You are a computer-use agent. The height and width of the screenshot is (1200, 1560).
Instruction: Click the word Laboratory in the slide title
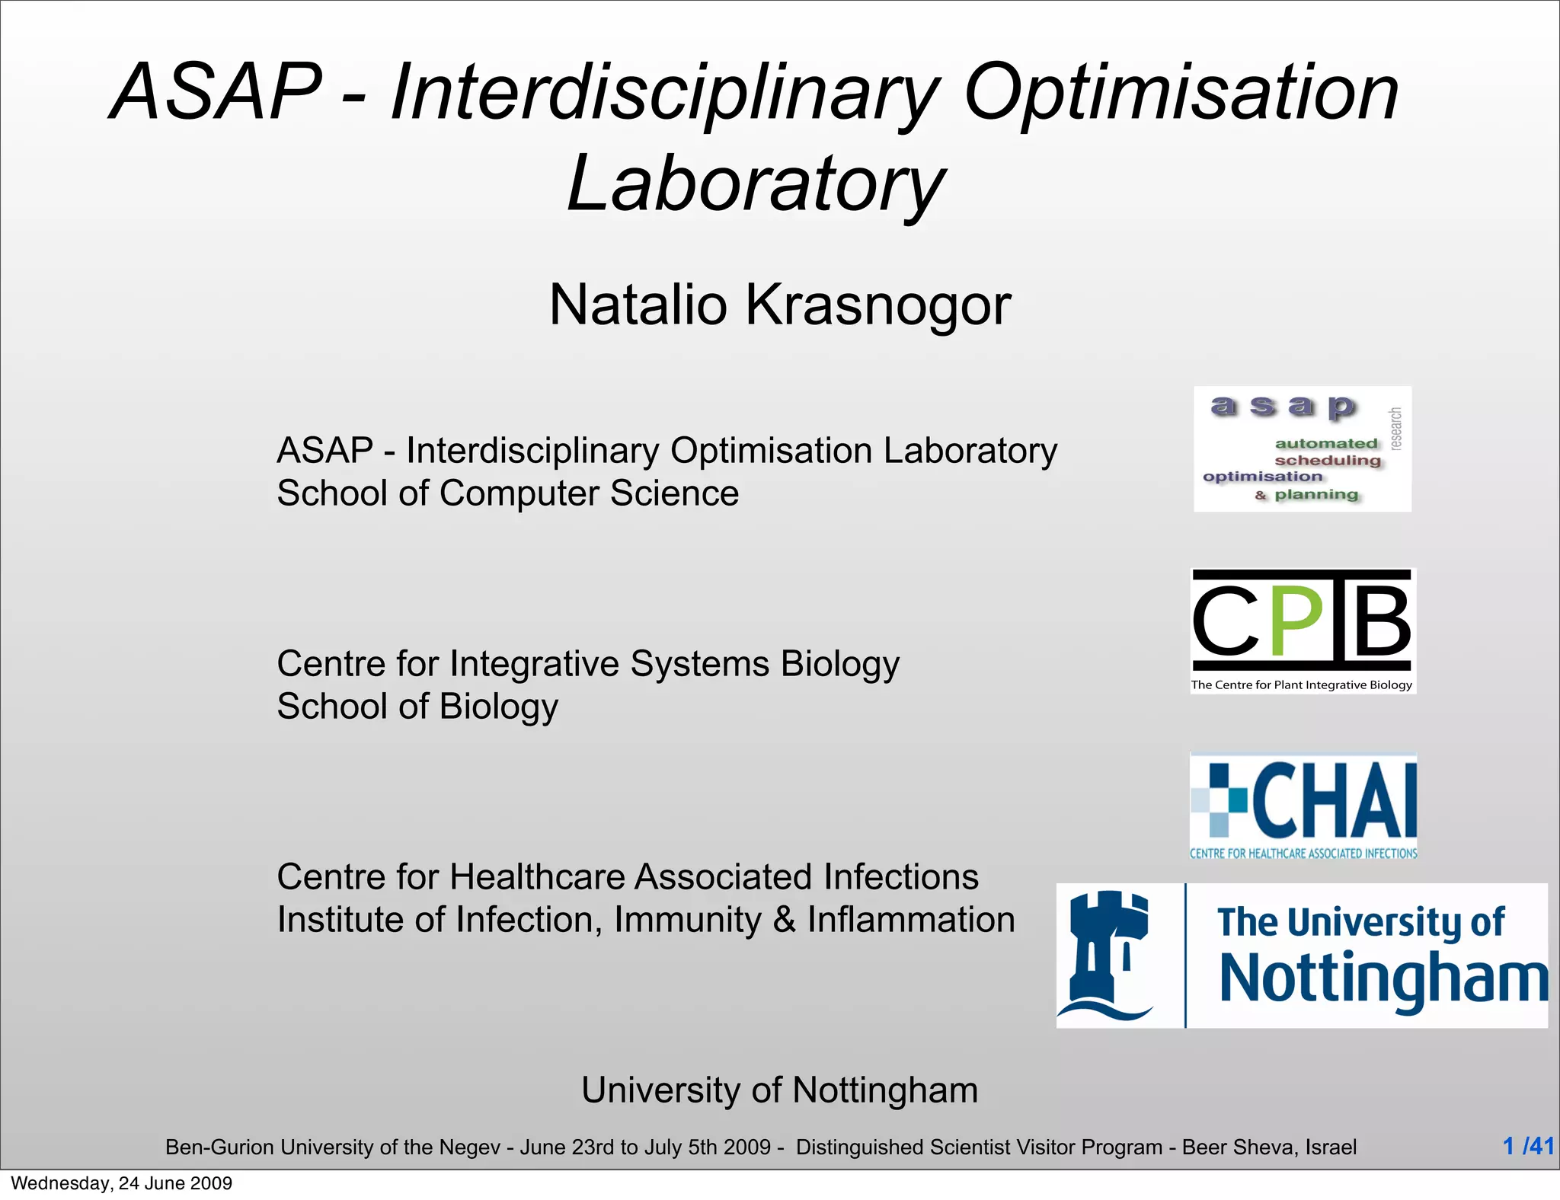(756, 184)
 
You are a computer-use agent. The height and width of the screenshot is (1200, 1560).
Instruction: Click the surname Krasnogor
(877, 305)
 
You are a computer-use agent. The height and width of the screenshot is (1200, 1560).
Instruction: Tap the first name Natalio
(638, 305)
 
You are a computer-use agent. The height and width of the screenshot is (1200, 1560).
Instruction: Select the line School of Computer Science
(507, 493)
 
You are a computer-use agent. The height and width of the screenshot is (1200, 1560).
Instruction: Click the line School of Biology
(417, 707)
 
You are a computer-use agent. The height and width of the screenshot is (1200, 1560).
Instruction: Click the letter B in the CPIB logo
(1377, 621)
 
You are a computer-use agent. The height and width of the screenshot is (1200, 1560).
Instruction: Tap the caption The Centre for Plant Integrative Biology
(1301, 685)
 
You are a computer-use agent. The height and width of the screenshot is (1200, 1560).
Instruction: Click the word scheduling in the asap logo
(1327, 460)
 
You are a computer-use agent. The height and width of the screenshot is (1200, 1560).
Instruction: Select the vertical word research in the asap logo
(1395, 429)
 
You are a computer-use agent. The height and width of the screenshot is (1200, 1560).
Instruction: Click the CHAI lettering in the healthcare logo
(1335, 800)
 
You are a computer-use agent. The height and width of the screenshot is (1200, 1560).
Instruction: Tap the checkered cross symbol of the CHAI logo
(1219, 799)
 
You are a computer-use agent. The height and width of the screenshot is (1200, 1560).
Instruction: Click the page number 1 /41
(1527, 1146)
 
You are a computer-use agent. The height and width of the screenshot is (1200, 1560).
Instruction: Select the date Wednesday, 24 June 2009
(121, 1183)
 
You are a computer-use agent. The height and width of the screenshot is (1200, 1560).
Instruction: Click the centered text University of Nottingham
(779, 1090)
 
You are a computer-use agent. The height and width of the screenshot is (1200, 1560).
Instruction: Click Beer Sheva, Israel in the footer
(1269, 1147)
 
